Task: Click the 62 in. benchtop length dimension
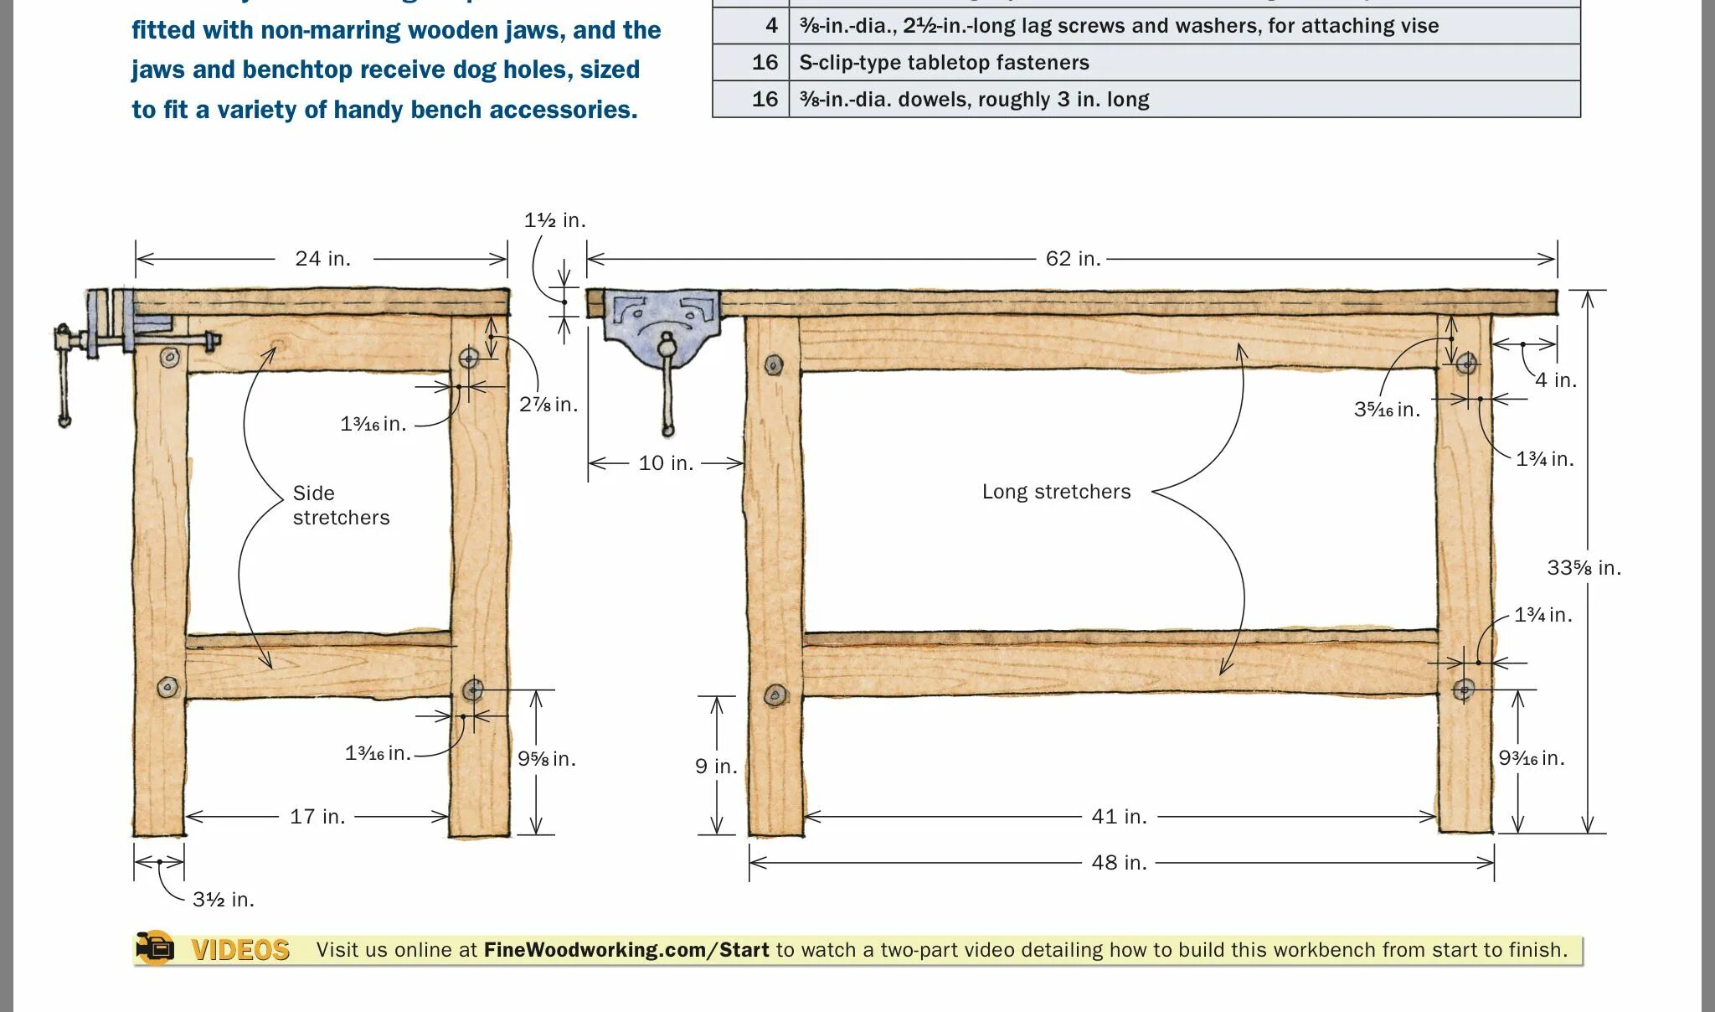pos(1072,258)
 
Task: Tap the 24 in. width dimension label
pos(322,258)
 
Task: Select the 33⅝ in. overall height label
pos(1584,568)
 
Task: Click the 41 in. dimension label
pos(1119,816)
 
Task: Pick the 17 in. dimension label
pos(317,816)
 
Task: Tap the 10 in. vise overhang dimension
pos(666,462)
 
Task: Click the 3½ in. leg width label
pos(223,899)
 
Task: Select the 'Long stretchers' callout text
pos(1056,492)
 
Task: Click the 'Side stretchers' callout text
pos(341,505)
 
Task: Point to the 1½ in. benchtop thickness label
pos(554,220)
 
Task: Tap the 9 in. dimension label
pos(716,766)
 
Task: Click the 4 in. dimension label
pos(1555,380)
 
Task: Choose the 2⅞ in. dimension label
pos(548,405)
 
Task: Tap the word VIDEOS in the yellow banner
pos(240,950)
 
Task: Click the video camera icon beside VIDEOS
pos(155,948)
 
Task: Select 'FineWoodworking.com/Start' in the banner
pos(626,950)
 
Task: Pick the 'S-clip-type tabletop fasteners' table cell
pos(944,63)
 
